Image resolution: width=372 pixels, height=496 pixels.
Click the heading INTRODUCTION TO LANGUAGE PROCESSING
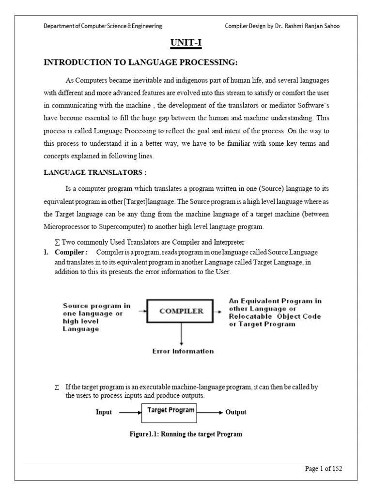click(x=140, y=62)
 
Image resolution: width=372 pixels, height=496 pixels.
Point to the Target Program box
click(x=170, y=410)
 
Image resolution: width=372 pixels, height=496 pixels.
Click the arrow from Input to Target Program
click(x=129, y=412)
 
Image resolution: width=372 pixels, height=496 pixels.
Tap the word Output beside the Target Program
click(x=236, y=412)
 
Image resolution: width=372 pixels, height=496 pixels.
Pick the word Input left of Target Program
click(x=104, y=412)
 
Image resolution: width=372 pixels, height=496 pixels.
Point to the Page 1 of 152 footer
click(x=324, y=468)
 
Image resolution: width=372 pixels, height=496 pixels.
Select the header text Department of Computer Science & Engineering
click(x=103, y=26)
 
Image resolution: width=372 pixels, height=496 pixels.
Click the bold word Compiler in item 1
click(x=71, y=252)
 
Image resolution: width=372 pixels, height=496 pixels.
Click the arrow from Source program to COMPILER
click(x=141, y=311)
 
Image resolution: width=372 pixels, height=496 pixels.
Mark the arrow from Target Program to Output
click(x=211, y=412)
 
